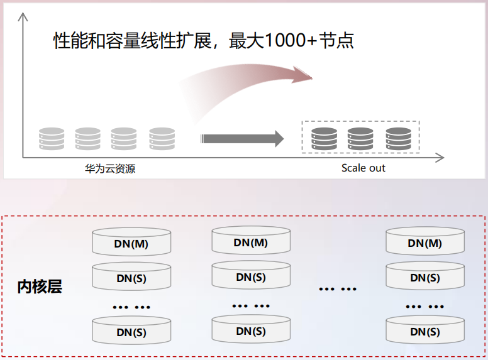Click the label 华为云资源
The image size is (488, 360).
pyautogui.click(x=110, y=168)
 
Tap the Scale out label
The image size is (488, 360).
pyautogui.click(x=363, y=168)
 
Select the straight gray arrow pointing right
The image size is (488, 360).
pyautogui.click(x=242, y=138)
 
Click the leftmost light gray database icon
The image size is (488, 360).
pyautogui.click(x=52, y=138)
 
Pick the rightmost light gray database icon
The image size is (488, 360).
pyautogui.click(x=162, y=138)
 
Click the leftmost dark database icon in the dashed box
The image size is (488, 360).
pyautogui.click(x=324, y=138)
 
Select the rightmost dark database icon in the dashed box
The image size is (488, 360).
pyautogui.click(x=398, y=138)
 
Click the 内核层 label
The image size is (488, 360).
pyautogui.click(x=40, y=288)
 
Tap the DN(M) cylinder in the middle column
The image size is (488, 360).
pyautogui.click(x=251, y=243)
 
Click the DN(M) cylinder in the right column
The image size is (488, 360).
pyautogui.click(x=425, y=243)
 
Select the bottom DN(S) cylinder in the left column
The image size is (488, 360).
pyautogui.click(x=131, y=332)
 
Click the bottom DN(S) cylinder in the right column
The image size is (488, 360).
pyautogui.click(x=425, y=331)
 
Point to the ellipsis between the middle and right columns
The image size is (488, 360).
pyautogui.click(x=338, y=289)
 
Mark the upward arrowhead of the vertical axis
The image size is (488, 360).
pyautogui.click(x=24, y=16)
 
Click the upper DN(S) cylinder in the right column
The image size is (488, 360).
pyautogui.click(x=425, y=277)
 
